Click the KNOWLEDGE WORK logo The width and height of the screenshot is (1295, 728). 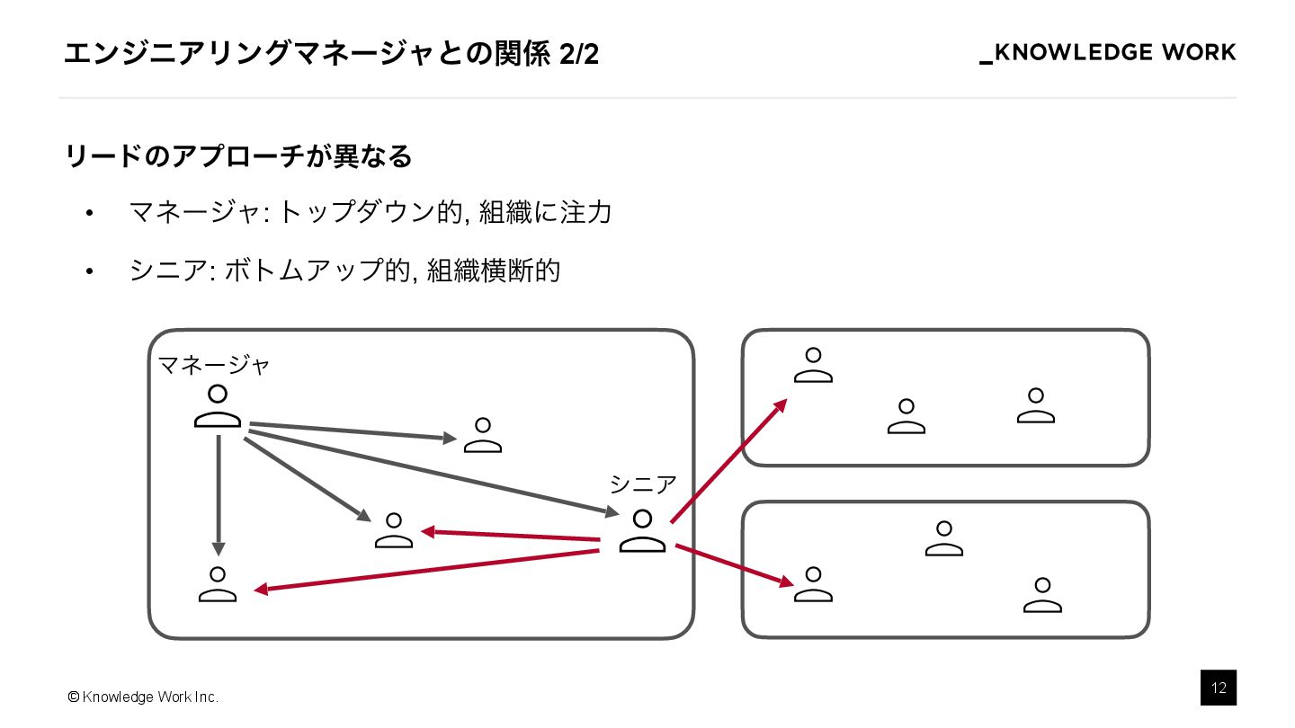click(1107, 53)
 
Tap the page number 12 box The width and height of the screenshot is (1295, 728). click(1218, 688)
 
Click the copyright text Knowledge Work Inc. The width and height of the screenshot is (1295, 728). click(143, 697)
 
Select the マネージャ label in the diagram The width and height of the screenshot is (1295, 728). click(214, 365)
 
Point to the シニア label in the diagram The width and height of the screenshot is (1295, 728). click(642, 484)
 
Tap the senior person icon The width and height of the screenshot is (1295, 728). click(642, 531)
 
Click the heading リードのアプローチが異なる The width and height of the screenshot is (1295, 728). click(238, 156)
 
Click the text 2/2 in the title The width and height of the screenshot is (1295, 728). click(578, 55)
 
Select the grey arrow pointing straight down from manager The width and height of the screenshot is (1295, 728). click(219, 494)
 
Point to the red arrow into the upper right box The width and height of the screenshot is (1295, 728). click(728, 460)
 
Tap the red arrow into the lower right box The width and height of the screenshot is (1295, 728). click(733, 565)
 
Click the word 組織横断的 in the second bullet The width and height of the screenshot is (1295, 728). click(494, 270)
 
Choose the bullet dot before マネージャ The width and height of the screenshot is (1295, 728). click(89, 214)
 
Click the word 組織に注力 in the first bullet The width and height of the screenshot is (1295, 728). click(545, 213)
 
